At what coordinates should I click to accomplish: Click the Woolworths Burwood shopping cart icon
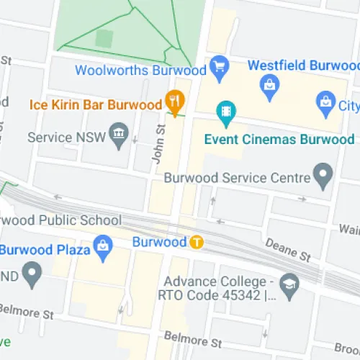pos(220,67)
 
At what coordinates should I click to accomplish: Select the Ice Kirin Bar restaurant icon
pos(174,102)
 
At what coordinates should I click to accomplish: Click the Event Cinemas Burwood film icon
pos(227,112)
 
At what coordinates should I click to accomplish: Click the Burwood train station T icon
pos(196,242)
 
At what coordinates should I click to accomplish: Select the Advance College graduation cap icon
pos(289,282)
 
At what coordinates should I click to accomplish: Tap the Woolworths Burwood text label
pos(140,70)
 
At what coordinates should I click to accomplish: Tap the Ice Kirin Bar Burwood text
pos(95,105)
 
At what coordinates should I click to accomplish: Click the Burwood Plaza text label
pos(45,251)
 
